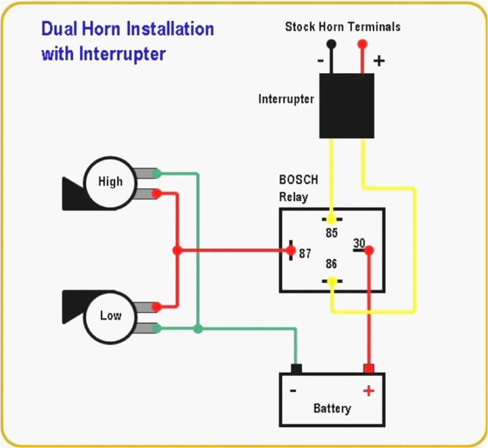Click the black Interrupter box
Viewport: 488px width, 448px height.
pos(347,105)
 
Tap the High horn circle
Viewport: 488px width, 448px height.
pos(110,182)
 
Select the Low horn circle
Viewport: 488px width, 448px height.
pos(110,315)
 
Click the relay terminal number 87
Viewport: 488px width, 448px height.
pos(305,254)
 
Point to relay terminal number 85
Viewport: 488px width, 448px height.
pos(332,233)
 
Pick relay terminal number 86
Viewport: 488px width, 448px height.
pos(331,265)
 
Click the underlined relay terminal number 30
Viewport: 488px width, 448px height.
pos(359,243)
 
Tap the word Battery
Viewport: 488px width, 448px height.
pos(332,408)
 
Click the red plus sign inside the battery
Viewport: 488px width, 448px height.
pos(368,391)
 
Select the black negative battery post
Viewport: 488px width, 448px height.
pos(296,369)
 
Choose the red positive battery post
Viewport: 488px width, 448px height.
pos(368,369)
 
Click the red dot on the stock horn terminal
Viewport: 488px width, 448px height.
pos(362,44)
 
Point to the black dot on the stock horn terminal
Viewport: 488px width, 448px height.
pos(332,44)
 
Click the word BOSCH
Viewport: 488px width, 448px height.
pos(299,180)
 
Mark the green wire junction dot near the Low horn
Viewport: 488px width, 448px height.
pos(198,328)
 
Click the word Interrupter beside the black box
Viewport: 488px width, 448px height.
pos(286,99)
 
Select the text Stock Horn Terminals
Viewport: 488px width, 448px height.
pos(343,26)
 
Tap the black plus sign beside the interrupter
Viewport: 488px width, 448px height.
pos(379,61)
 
